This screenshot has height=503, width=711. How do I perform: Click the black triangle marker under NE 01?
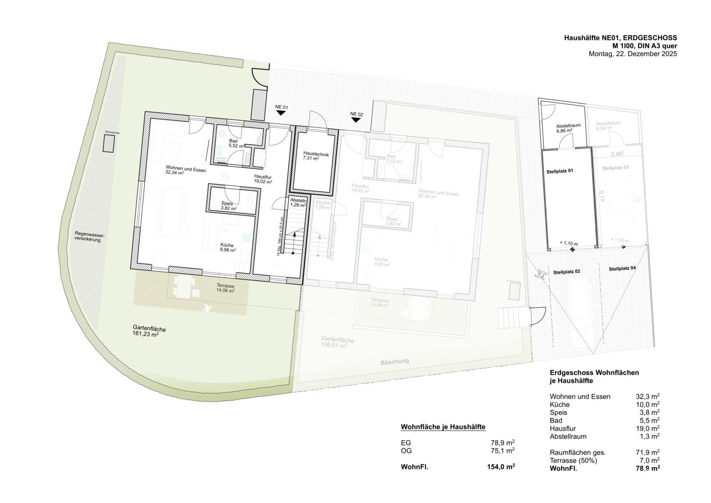(x=281, y=113)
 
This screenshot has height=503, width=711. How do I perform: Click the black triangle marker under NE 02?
(x=356, y=120)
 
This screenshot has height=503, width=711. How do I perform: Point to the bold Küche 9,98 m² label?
(x=228, y=248)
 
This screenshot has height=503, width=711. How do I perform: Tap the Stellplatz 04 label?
(x=622, y=269)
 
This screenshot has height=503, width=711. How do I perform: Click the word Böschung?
(x=394, y=362)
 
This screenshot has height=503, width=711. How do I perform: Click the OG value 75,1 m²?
(x=502, y=450)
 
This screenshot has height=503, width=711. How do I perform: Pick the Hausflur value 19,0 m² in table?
(x=647, y=429)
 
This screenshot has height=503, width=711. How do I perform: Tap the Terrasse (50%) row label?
(x=573, y=460)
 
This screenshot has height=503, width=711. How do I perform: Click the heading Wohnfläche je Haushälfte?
(x=443, y=427)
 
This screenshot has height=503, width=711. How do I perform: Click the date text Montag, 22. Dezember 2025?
(x=633, y=54)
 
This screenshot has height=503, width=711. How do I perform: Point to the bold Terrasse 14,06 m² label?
(x=225, y=288)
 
